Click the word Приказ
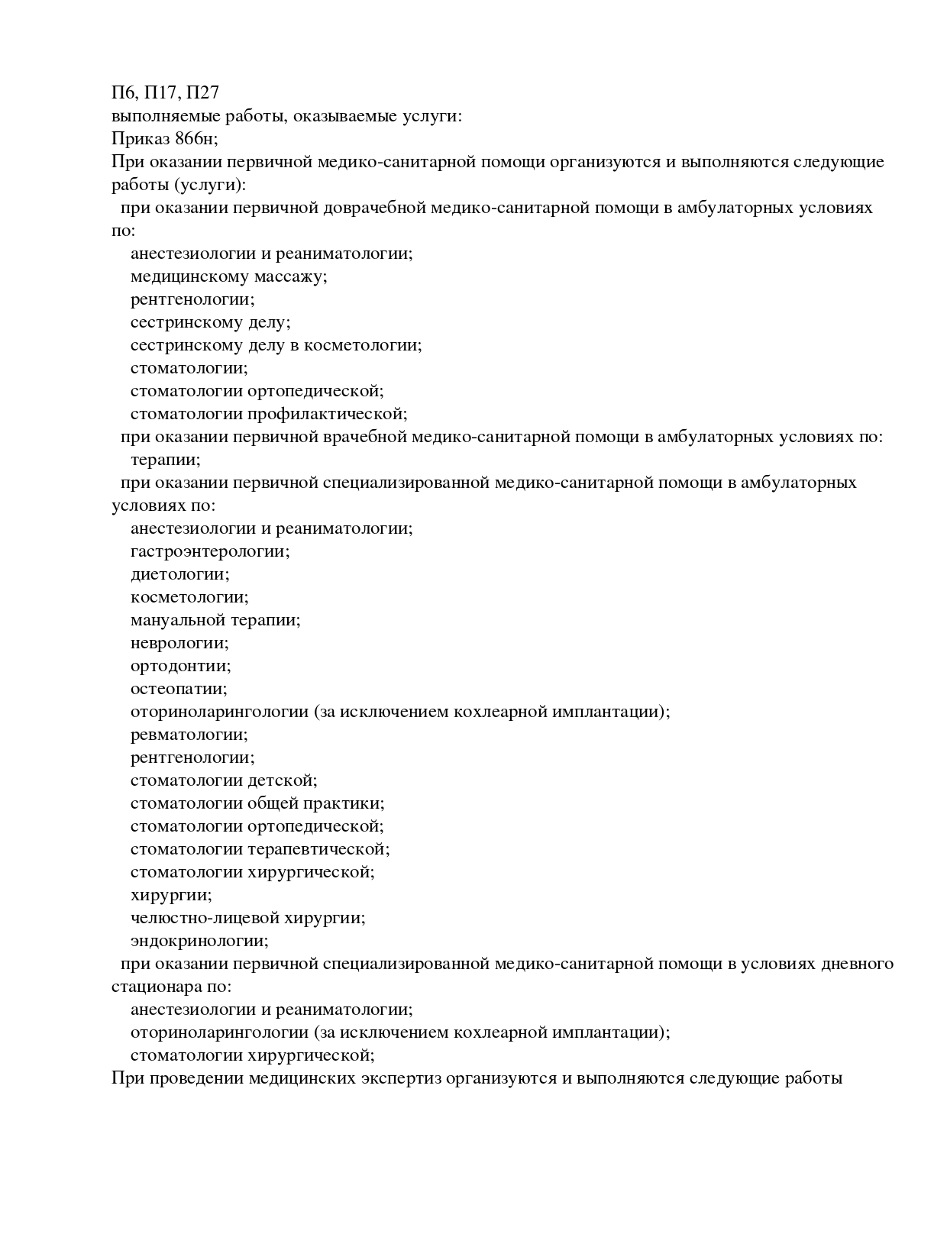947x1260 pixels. [x=139, y=139]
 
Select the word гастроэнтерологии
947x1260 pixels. [x=210, y=551]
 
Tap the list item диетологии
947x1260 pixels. [x=179, y=574]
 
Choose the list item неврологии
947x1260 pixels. [x=179, y=643]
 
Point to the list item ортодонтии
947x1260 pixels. [x=180, y=666]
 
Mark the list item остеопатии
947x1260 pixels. [x=179, y=689]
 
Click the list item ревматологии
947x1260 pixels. [x=189, y=735]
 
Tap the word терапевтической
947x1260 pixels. [x=318, y=849]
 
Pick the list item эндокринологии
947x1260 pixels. [x=199, y=941]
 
